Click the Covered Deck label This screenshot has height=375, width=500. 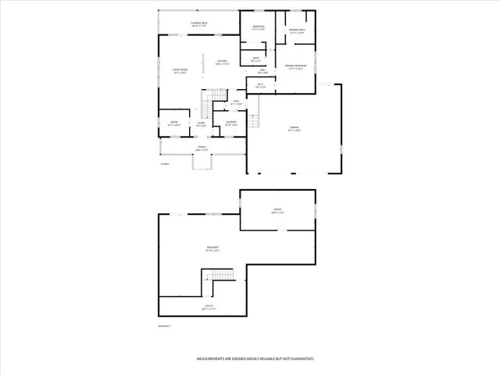pos(198,24)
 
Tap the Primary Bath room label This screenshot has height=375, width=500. pos(296,31)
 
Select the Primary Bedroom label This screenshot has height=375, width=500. pos(295,67)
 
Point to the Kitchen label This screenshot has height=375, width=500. pos(222,62)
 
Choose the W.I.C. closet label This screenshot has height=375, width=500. pos(260,85)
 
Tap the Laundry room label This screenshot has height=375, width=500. pos(231,123)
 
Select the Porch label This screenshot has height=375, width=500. pos(202,148)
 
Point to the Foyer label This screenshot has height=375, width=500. pos(201,123)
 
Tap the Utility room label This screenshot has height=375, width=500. pos(209,307)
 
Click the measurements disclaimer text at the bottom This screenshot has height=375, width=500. pos(255,358)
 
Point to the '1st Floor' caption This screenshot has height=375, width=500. pos(164,164)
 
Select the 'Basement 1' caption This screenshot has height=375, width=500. pos(165,325)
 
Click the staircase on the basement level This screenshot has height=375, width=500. pos(218,276)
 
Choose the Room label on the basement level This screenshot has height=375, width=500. pos(277,210)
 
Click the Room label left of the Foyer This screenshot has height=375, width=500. pos(174,123)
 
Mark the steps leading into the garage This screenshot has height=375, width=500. pos(254,120)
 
